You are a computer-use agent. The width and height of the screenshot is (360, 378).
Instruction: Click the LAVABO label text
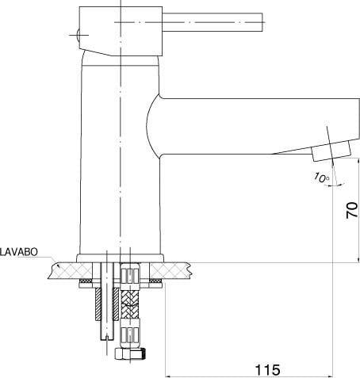(x=19, y=252)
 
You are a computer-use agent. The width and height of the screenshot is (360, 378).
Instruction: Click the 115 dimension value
(x=267, y=370)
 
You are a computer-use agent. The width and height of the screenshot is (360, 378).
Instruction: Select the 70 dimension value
(x=352, y=210)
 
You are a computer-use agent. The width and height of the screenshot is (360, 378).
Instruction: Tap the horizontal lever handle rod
(x=213, y=22)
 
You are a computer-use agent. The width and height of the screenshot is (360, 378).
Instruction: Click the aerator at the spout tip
(x=331, y=151)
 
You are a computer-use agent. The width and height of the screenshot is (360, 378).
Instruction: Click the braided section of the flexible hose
(x=129, y=304)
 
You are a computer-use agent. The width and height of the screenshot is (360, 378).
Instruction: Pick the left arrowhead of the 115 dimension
(x=167, y=376)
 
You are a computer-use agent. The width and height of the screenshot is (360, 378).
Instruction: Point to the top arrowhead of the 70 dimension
(x=358, y=161)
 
